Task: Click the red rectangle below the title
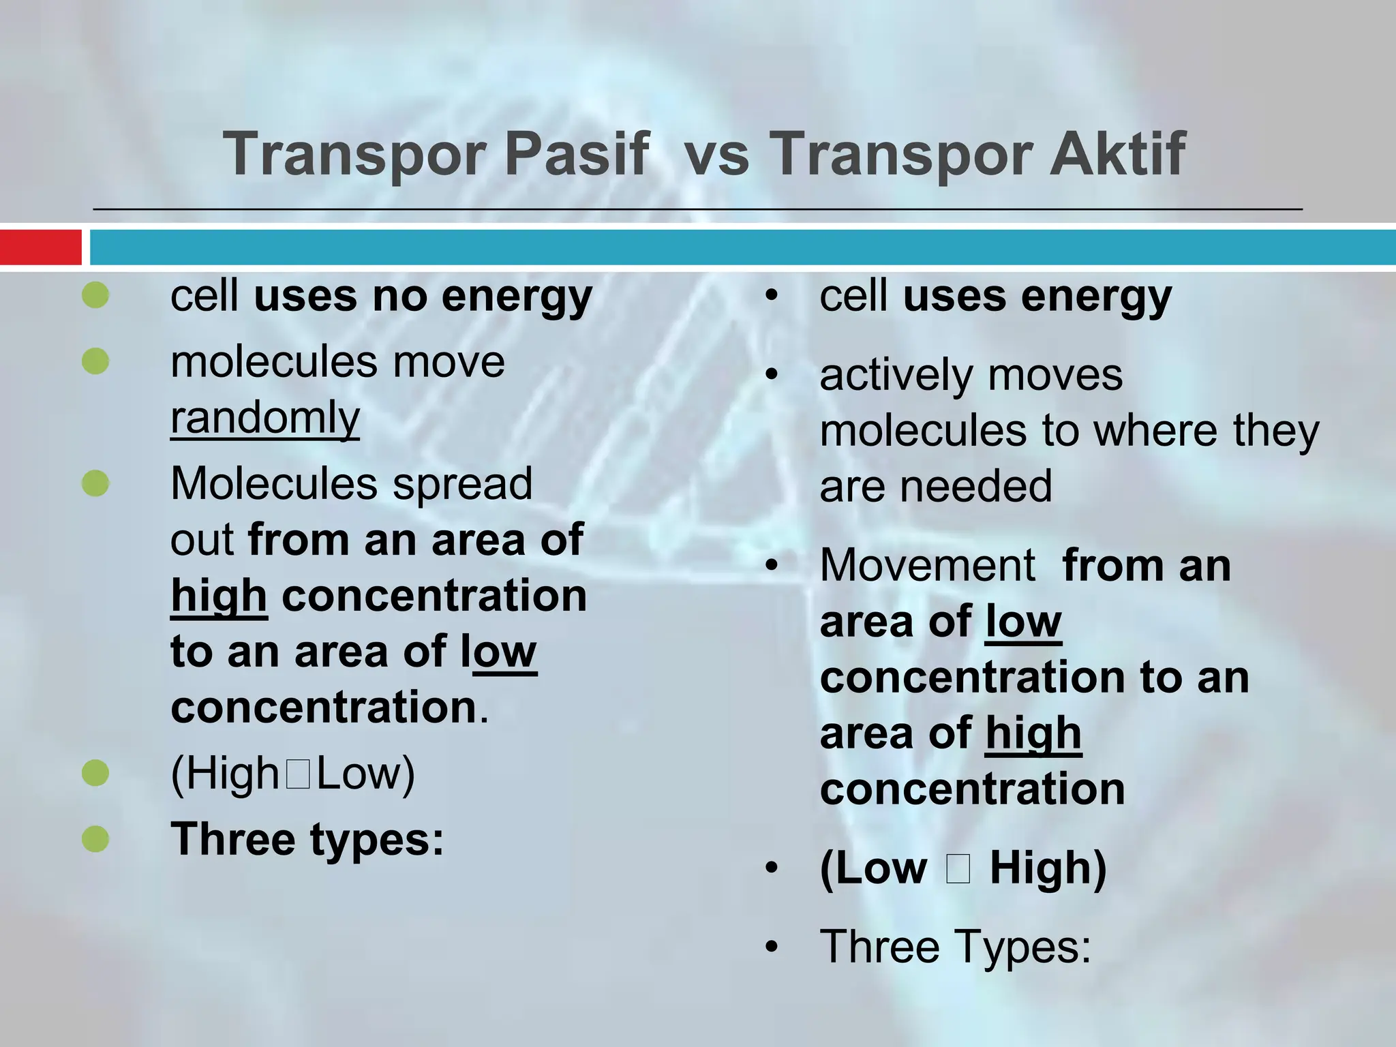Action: point(40,247)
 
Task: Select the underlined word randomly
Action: point(264,417)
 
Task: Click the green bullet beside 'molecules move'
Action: point(95,361)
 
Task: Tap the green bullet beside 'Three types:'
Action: point(95,839)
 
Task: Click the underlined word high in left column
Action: point(219,596)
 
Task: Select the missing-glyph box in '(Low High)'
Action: point(958,868)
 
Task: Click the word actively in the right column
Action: point(896,376)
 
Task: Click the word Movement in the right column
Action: point(927,566)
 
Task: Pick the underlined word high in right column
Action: point(1033,734)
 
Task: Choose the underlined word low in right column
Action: point(1023,622)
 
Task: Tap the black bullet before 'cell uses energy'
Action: point(771,296)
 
